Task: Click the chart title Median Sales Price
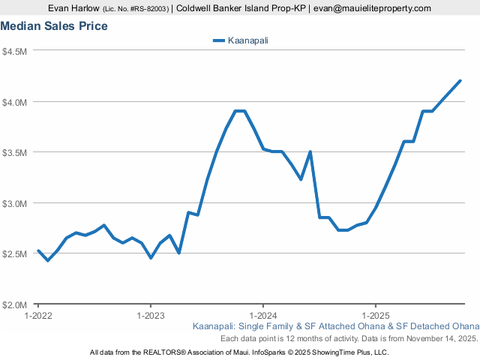54,26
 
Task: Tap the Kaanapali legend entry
240,40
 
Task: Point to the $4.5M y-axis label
15,51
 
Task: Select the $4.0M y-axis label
15,102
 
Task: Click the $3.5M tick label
15,152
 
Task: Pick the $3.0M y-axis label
15,203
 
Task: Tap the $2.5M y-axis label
15,253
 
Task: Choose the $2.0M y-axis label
15,304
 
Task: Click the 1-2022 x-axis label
38,316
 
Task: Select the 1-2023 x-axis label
151,316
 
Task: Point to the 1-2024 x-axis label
262,316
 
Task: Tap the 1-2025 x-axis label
374,316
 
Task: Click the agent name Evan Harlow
73,8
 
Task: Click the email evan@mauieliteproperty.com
372,8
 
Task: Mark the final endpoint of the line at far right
460,81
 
